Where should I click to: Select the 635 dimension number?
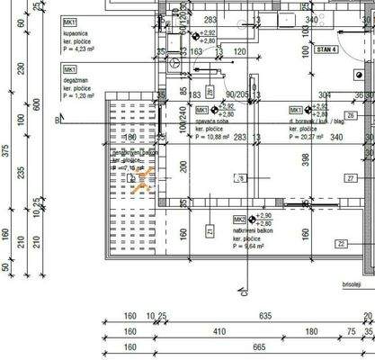click(263, 316)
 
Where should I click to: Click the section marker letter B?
click(56, 119)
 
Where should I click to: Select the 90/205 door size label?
click(237, 94)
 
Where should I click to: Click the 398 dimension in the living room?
click(306, 158)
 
